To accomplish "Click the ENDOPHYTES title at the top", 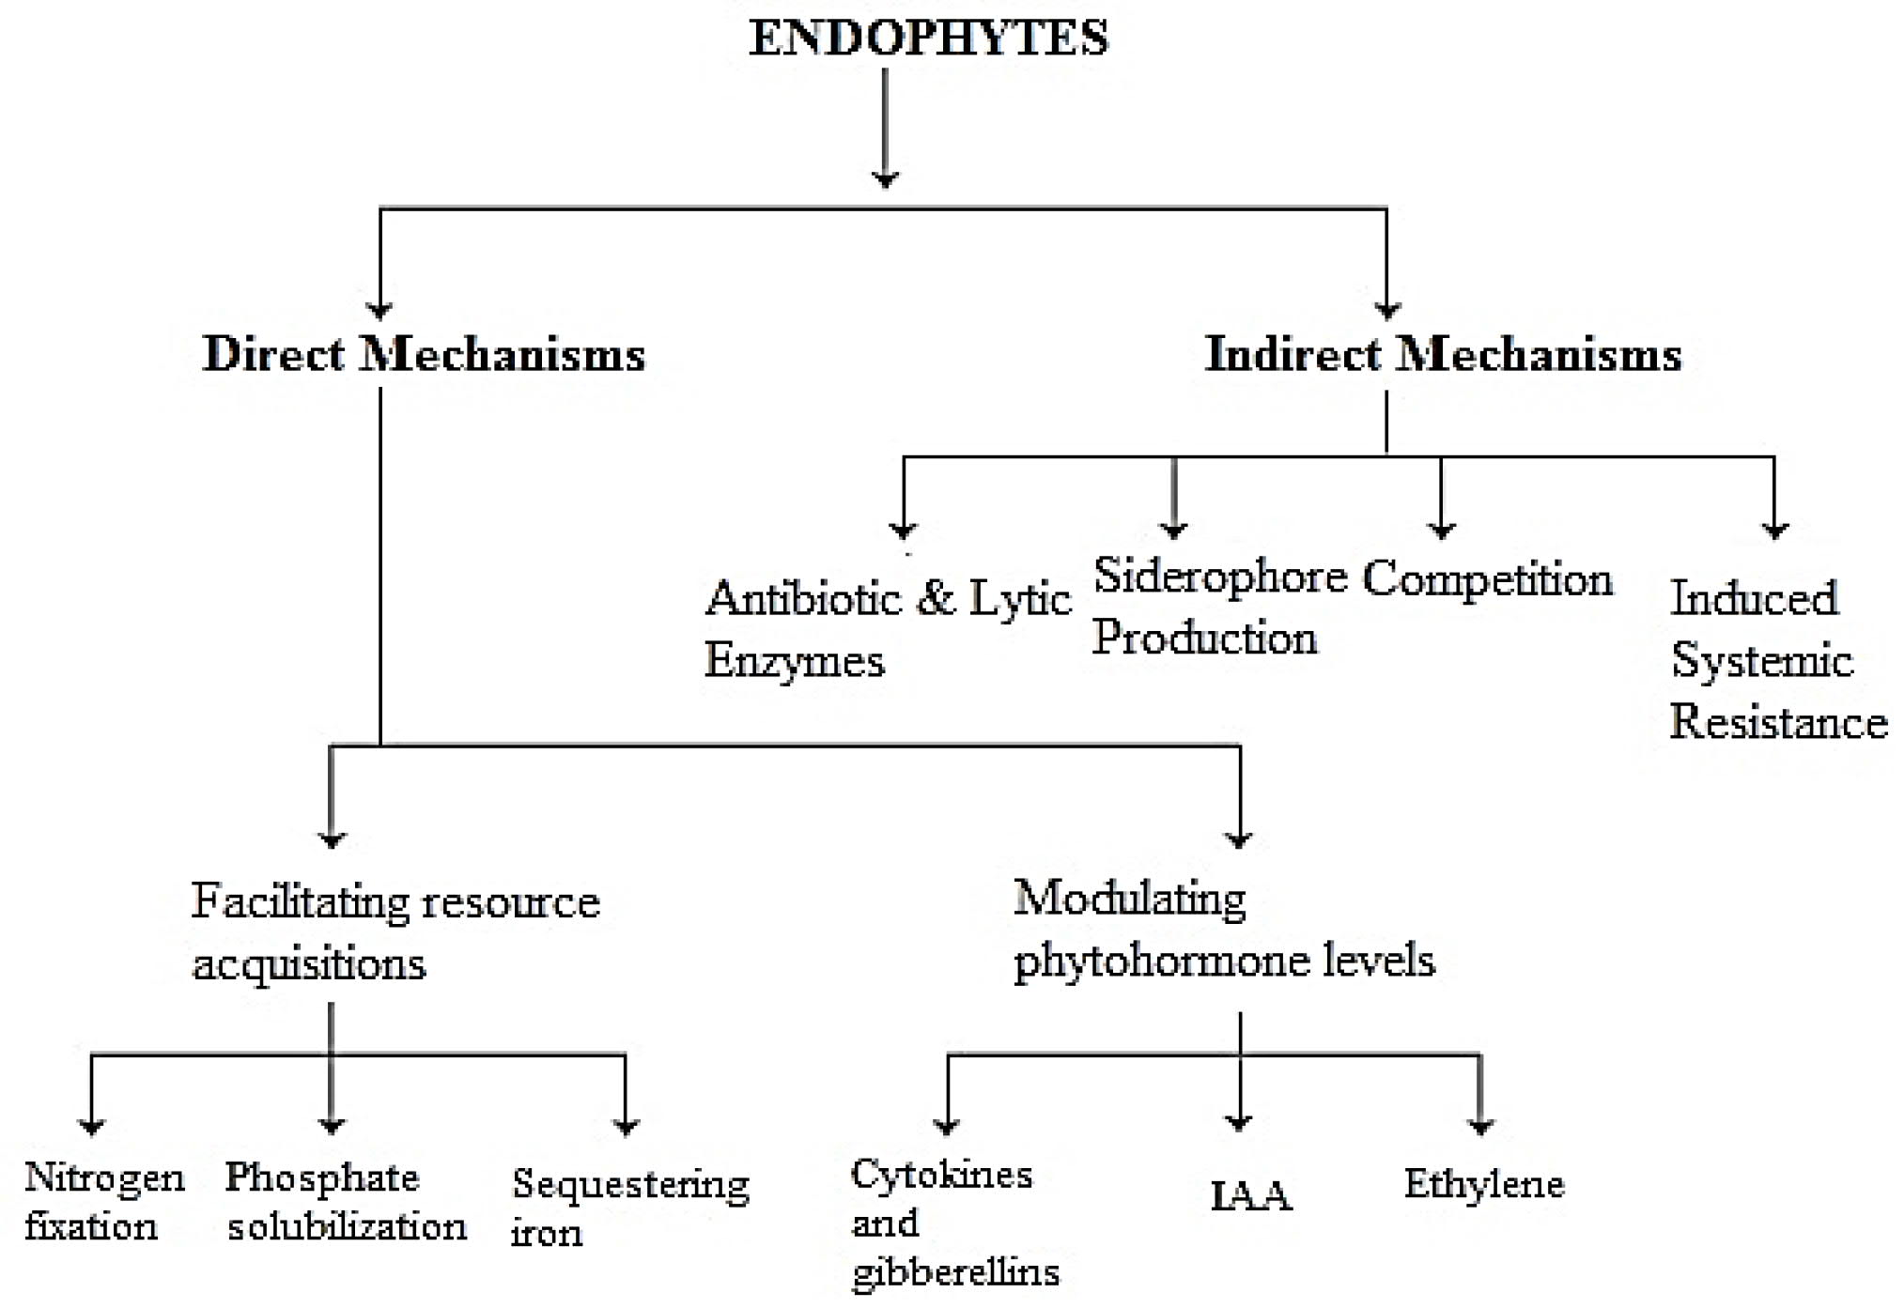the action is (x=928, y=38).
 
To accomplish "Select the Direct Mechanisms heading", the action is (x=424, y=354).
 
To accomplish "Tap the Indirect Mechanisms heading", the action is (x=1443, y=354).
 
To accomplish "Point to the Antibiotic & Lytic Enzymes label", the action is (x=888, y=627).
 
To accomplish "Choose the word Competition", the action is (x=1488, y=578).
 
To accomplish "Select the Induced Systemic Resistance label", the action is (x=1778, y=659).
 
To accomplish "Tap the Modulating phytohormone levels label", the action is (x=1224, y=929).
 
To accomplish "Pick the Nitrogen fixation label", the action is (x=104, y=1201).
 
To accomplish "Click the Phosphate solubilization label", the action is (x=346, y=1201).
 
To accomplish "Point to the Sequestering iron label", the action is (x=630, y=1207).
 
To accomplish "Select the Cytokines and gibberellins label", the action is (x=955, y=1223).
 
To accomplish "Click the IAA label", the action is (x=1251, y=1196).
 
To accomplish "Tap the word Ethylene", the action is (x=1484, y=1183).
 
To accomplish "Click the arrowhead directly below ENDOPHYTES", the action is (x=885, y=178).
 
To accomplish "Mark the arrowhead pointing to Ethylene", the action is (x=1480, y=1126).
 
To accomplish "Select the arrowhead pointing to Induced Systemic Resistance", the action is (x=1773, y=531).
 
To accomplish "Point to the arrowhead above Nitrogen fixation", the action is (x=91, y=1126).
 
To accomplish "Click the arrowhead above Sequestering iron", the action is (x=626, y=1126).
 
